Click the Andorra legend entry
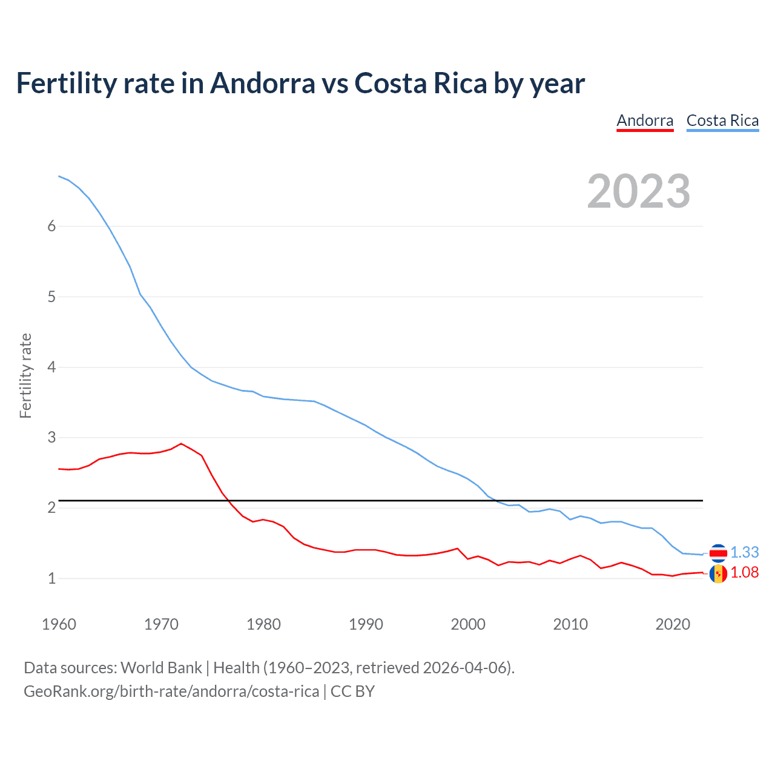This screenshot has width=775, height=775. tap(645, 120)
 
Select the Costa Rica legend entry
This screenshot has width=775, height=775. tap(722, 120)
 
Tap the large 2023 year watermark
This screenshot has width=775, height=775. tap(639, 191)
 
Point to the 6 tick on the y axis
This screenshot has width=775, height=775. tap(51, 226)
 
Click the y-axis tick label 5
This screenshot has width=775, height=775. tap(51, 297)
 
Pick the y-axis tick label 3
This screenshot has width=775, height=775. tap(51, 437)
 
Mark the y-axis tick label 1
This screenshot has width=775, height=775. tap(51, 578)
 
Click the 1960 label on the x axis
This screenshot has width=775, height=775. tap(59, 624)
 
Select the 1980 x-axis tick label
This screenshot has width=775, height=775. tap(263, 624)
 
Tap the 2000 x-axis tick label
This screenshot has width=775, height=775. tap(468, 624)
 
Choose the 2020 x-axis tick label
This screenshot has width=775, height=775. tap(673, 624)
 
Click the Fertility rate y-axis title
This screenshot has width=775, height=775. tap(25, 375)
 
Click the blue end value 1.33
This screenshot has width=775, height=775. tap(744, 552)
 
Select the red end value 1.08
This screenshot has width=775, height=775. tap(744, 572)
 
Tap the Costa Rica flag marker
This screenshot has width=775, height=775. tap(718, 553)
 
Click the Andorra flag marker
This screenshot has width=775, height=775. tap(718, 573)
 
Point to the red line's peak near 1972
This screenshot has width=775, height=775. tap(181, 443)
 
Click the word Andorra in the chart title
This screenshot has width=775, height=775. tap(262, 83)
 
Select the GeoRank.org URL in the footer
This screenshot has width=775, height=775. tap(171, 691)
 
